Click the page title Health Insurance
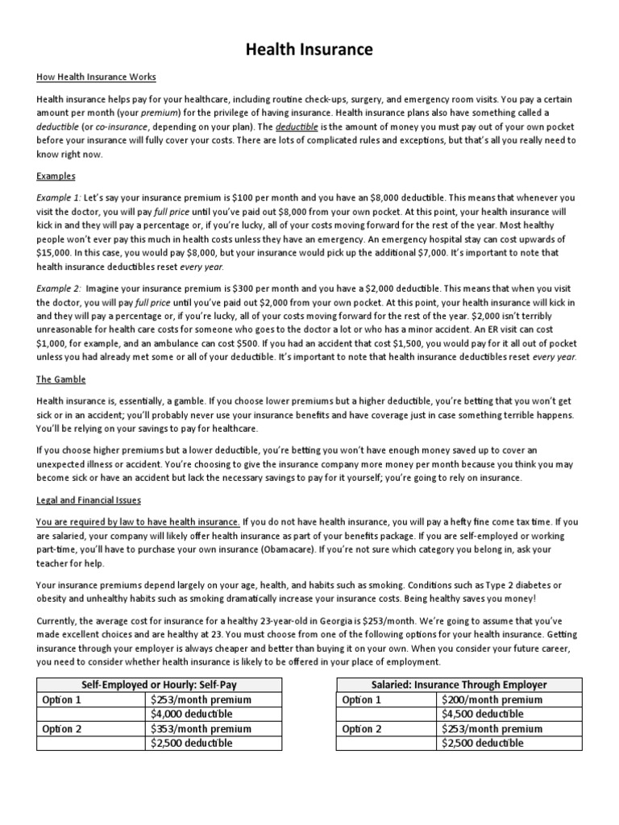click(x=309, y=50)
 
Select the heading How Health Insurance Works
click(x=96, y=77)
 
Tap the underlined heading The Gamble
click(x=61, y=379)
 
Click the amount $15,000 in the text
click(x=54, y=252)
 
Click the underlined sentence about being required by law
click(x=138, y=521)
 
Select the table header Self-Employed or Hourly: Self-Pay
click(x=159, y=685)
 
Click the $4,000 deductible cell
click(x=191, y=714)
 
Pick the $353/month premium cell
click(x=201, y=728)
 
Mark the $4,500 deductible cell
click(x=482, y=714)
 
